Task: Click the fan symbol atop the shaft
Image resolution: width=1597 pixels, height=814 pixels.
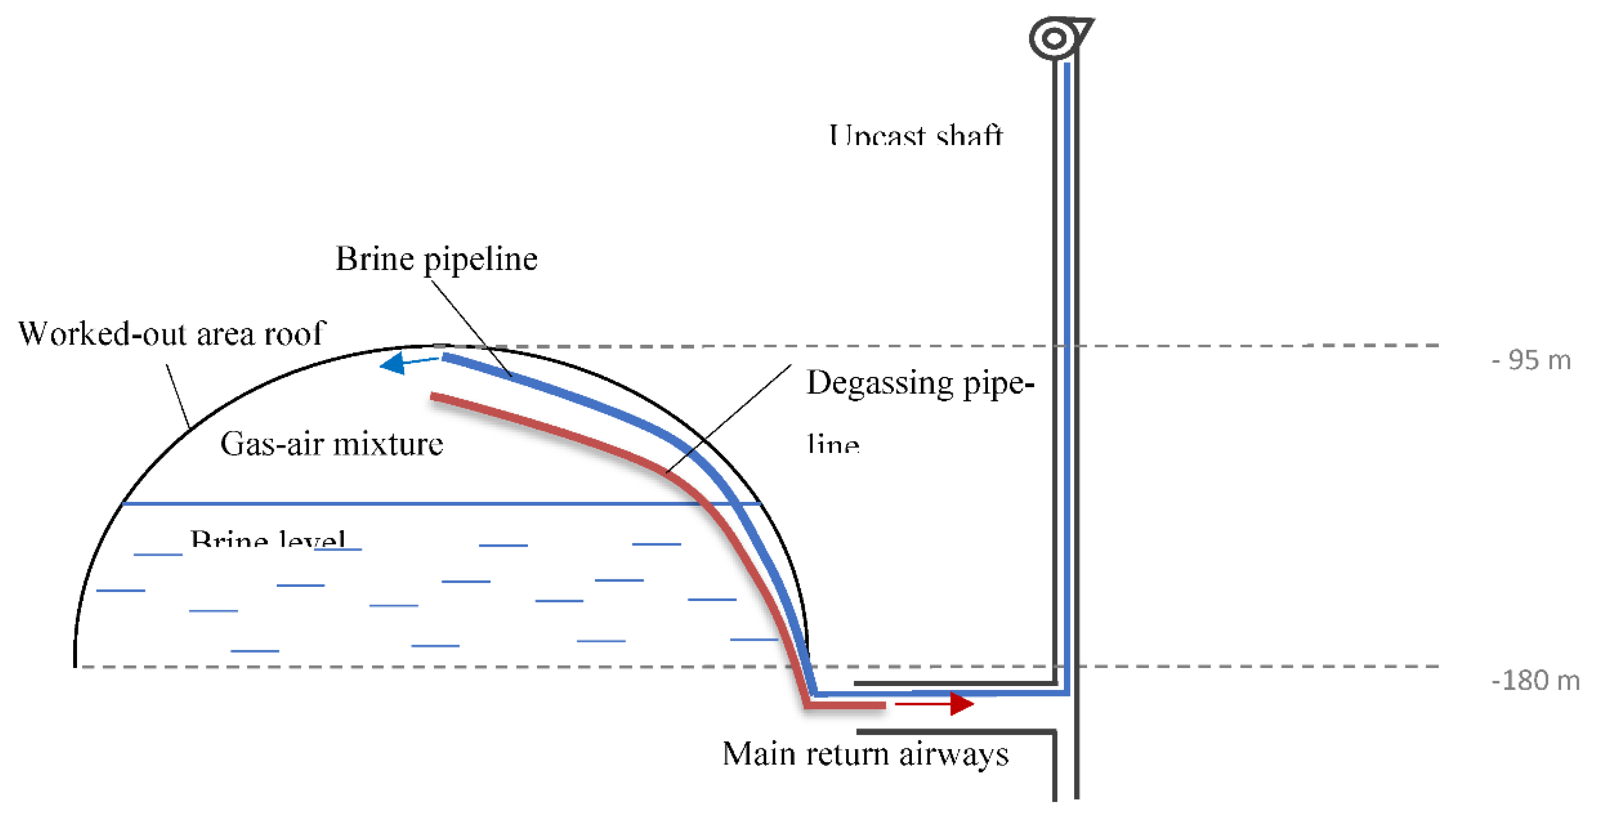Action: (1055, 38)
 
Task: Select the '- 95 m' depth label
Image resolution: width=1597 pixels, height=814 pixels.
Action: (1531, 360)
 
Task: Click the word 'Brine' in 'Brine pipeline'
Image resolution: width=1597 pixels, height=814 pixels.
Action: (374, 259)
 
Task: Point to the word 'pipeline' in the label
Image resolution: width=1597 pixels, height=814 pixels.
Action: (480, 260)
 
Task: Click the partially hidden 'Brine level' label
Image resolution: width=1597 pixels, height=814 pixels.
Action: (268, 539)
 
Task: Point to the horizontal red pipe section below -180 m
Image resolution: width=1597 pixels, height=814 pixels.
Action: (846, 705)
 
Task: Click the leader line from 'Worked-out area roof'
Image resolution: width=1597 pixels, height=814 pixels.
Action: (178, 397)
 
